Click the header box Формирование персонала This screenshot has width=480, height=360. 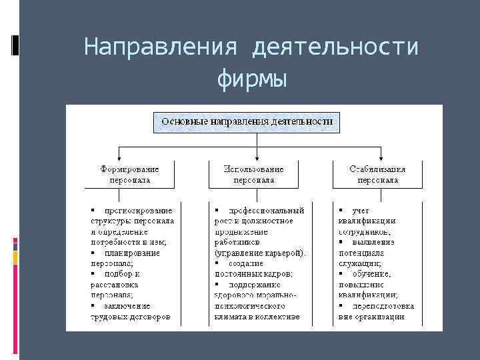pos(130,175)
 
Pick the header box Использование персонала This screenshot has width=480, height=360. pos(253,175)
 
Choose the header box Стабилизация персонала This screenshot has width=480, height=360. pos(377,175)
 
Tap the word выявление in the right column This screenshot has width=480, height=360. pos(373,242)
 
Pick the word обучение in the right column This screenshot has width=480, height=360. pos(372,274)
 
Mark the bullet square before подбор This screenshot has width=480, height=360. pos(93,274)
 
